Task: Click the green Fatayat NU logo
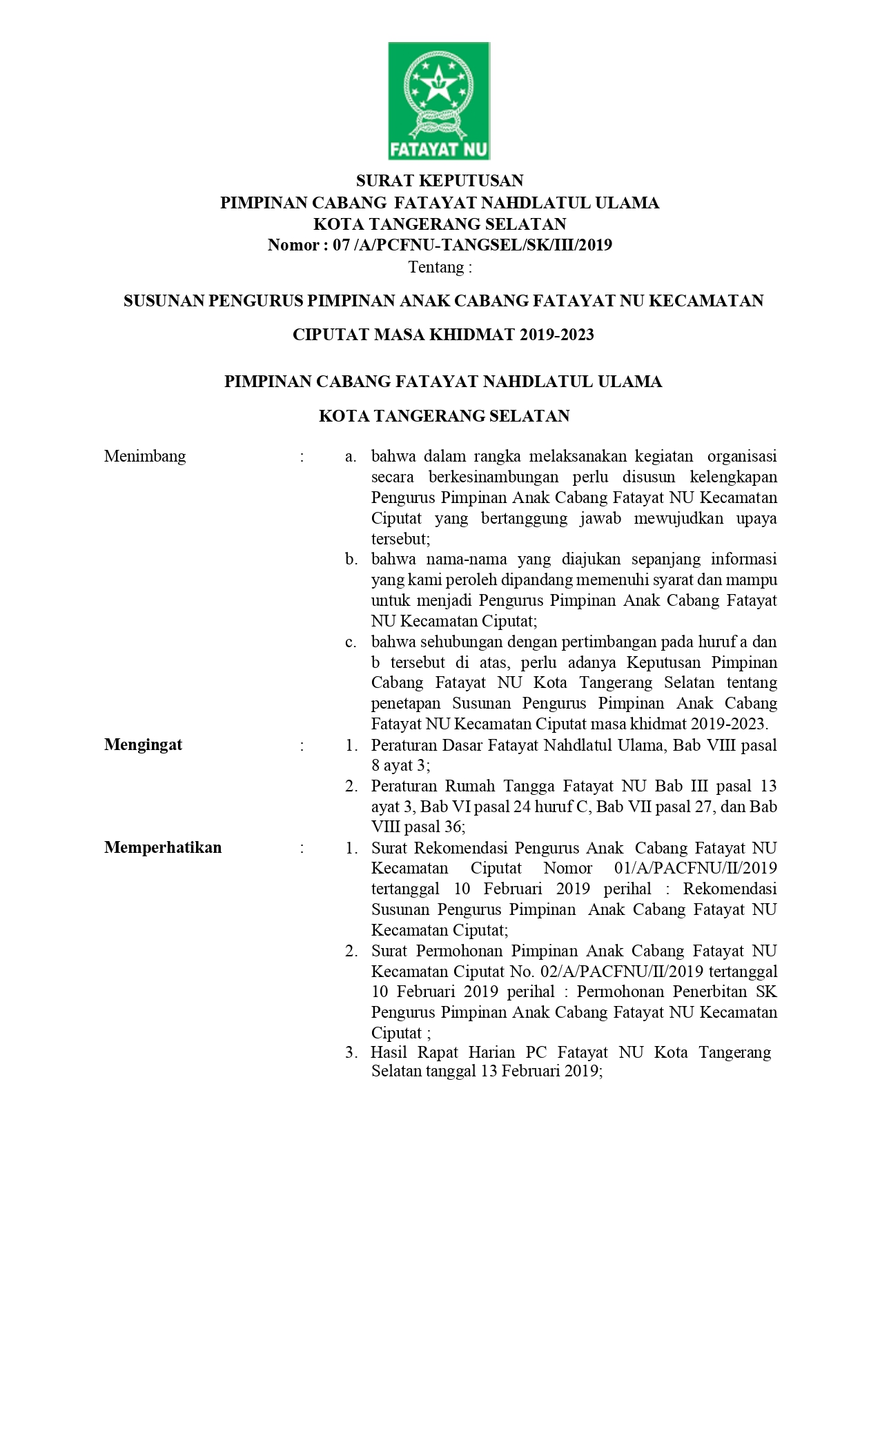439,101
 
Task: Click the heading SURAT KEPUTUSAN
440,181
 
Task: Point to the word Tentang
440,267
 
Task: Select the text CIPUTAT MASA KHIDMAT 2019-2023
443,335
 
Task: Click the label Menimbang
145,456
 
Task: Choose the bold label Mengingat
144,745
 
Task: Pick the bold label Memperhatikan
163,847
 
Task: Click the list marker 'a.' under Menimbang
351,456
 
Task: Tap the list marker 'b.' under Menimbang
351,559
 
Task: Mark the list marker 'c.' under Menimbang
351,642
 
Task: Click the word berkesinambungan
492,477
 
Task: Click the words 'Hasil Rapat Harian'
442,1052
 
